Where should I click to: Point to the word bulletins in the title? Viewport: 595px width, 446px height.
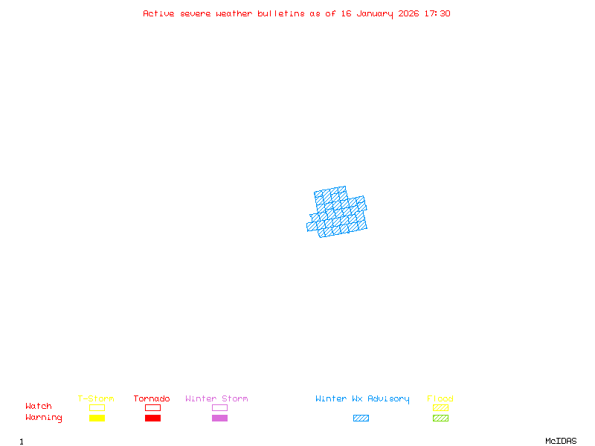[280, 13]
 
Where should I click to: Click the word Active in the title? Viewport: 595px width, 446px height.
[159, 13]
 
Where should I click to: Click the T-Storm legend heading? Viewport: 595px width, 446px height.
[96, 399]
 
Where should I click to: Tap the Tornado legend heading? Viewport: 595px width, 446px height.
[152, 399]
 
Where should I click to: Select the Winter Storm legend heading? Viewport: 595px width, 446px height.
[216, 399]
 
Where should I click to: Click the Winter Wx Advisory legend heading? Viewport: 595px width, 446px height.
[362, 399]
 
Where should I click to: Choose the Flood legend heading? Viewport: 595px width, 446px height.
[440, 399]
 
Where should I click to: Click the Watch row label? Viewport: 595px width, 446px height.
[39, 407]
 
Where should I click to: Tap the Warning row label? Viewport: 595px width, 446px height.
[44, 418]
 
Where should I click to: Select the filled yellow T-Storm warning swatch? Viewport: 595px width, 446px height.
[97, 418]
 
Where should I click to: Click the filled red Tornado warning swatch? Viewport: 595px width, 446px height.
[152, 418]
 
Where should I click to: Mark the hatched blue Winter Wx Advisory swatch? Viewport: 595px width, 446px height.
[361, 418]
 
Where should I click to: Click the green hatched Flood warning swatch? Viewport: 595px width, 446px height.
[440, 418]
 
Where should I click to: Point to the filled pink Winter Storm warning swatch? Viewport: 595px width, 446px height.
[219, 418]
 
